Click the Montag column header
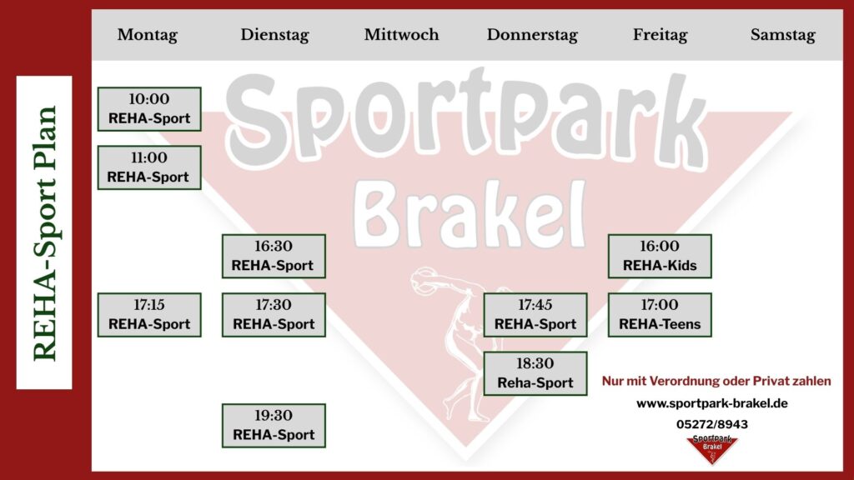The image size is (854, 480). coord(147,35)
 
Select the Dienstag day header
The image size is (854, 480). coord(274,35)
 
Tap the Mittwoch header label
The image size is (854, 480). coord(401,34)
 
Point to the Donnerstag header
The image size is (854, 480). coord(532,35)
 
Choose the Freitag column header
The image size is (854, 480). coord(661,35)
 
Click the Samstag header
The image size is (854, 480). coord(782,35)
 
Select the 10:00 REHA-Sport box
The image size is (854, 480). coord(149,109)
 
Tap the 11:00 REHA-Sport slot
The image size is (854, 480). coord(149,167)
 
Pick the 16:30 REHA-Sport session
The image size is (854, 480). coord(274,257)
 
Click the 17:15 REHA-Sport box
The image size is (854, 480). coord(149,315)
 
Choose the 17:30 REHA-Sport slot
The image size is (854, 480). coord(274,315)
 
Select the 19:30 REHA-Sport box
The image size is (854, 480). coord(274,426)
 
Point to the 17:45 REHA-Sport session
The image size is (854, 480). coord(535,315)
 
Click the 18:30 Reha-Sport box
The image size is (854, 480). coord(535,373)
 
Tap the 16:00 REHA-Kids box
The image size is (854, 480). coord(660,257)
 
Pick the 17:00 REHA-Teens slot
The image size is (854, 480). coord(660,315)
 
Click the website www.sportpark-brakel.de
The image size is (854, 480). coord(712,403)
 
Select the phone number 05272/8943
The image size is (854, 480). coord(712,424)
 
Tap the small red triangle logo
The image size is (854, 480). coord(712,449)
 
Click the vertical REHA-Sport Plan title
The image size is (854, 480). coord(44,233)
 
